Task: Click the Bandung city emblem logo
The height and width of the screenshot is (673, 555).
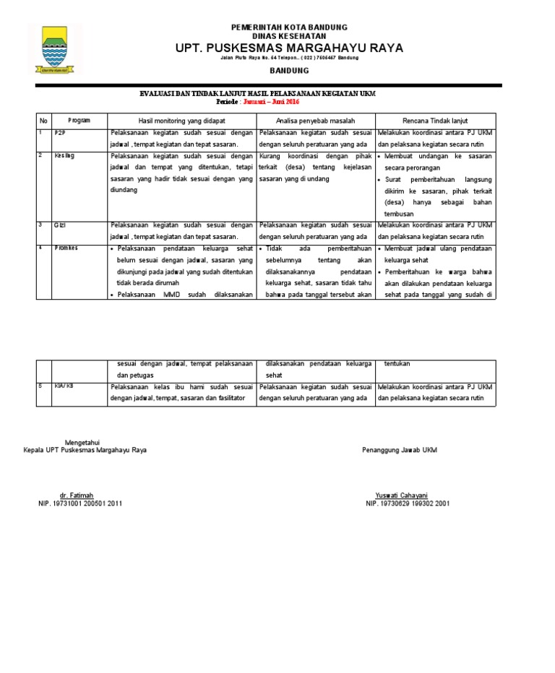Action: (x=56, y=49)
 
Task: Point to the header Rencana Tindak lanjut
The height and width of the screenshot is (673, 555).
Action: (x=435, y=120)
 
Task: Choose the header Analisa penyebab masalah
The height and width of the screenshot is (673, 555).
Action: (x=314, y=120)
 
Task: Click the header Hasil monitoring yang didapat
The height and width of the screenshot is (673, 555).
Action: (x=181, y=120)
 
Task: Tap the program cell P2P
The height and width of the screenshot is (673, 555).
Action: (x=59, y=134)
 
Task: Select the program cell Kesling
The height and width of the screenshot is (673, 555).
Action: (x=64, y=155)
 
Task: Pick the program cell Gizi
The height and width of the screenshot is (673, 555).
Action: (x=60, y=225)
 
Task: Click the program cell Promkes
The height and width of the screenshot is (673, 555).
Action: (x=66, y=247)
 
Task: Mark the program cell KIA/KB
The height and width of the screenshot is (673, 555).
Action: (x=64, y=386)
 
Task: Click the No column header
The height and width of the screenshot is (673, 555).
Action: (x=43, y=120)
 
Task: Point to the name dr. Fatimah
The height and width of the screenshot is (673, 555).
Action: (x=77, y=495)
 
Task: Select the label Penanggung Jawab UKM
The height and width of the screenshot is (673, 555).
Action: (x=399, y=450)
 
